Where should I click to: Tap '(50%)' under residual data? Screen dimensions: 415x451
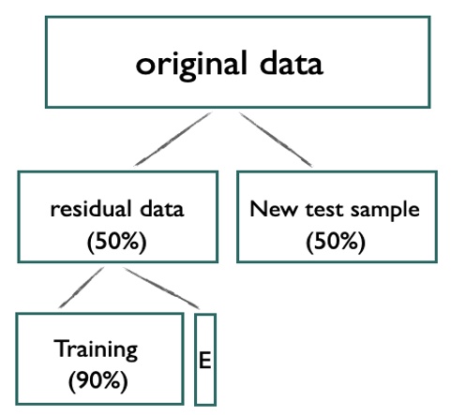click(116, 240)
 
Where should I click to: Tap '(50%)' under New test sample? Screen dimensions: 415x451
click(335, 240)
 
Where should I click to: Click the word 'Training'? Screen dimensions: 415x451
click(96, 349)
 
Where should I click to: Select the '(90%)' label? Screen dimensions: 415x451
click(97, 381)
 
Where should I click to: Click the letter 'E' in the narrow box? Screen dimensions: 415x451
click(204, 361)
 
